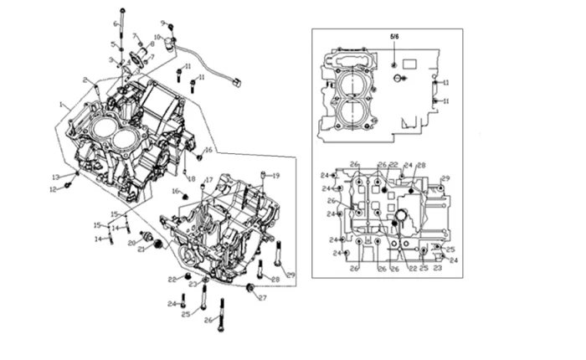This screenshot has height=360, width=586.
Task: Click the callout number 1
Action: click(61, 105)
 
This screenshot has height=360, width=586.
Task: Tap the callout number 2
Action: click(85, 80)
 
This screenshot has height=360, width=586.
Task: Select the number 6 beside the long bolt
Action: click(116, 23)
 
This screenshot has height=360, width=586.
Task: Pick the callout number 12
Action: click(52, 189)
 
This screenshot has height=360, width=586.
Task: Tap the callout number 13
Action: click(54, 177)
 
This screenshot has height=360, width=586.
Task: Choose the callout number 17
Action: click(209, 179)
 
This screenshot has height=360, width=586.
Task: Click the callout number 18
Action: click(191, 179)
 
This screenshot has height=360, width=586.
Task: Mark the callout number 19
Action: click(276, 175)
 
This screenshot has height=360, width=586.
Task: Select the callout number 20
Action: click(132, 243)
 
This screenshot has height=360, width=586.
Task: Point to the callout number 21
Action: click(141, 249)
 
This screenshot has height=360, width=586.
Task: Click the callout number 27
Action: click(262, 297)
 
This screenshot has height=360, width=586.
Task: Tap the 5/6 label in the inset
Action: click(395, 38)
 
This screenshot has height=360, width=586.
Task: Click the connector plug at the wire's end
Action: click(238, 81)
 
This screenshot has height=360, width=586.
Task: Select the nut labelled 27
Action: click(250, 289)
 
